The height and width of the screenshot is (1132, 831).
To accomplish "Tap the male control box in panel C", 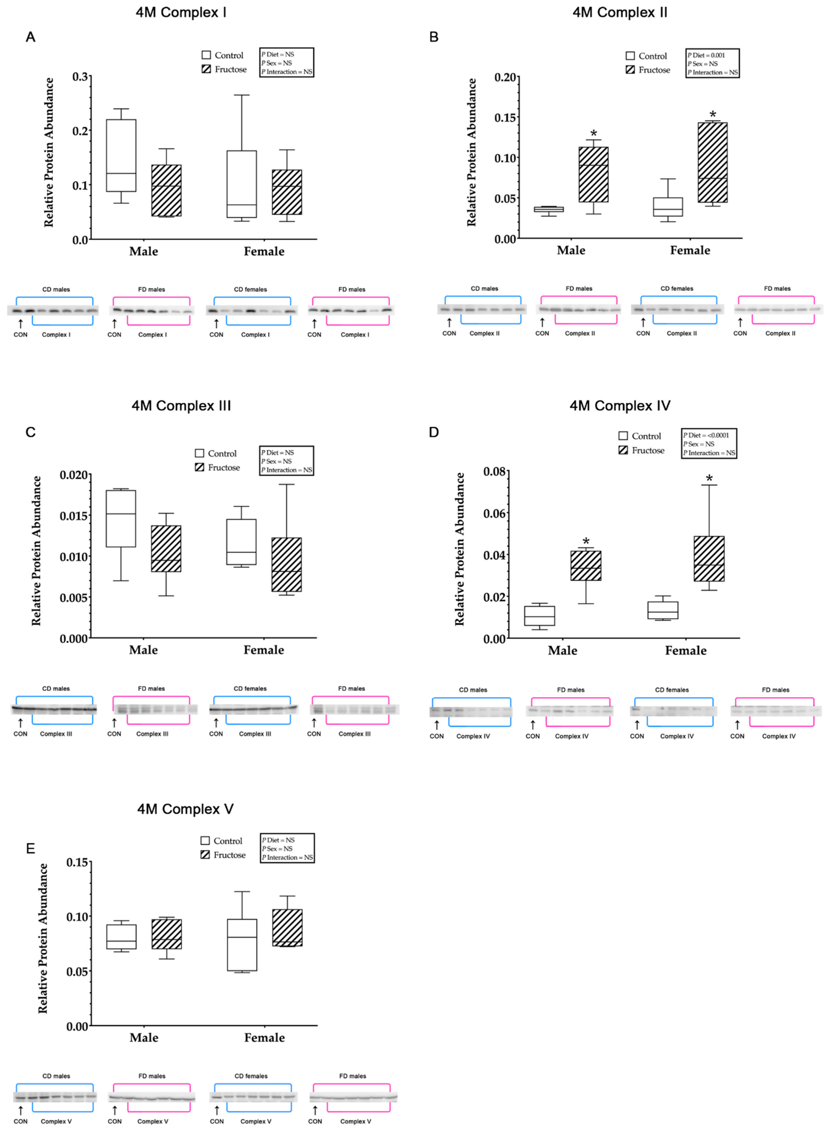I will click(121, 518).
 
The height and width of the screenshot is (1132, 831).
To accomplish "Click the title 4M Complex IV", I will click(620, 406).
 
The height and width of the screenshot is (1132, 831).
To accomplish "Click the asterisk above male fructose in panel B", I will click(594, 133).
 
